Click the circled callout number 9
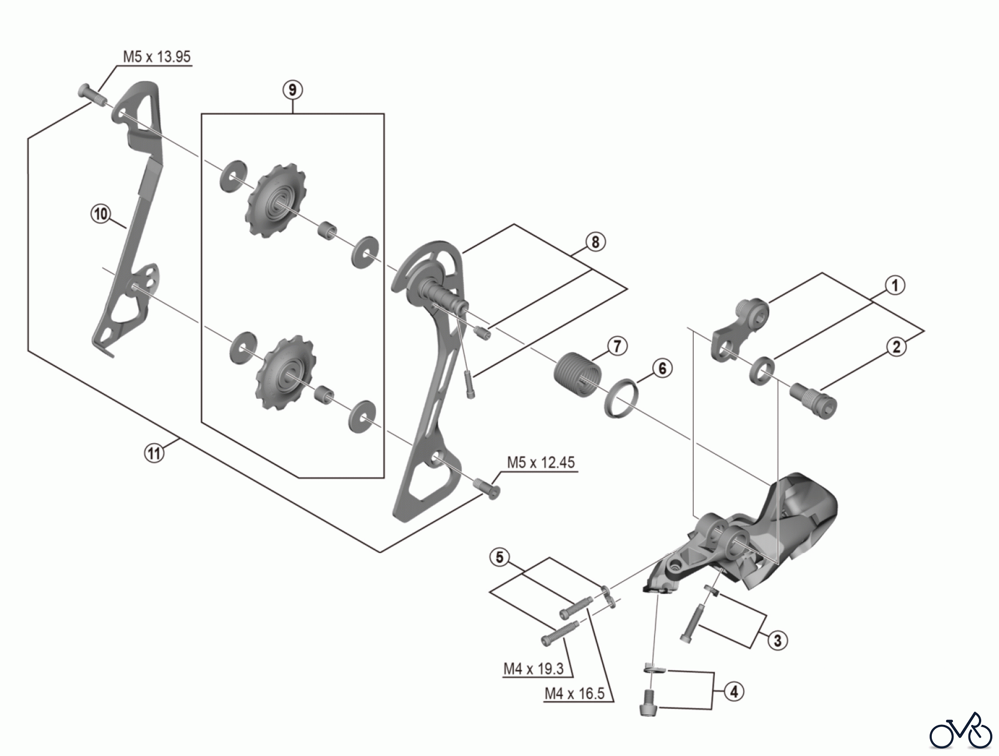292,89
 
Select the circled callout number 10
100,214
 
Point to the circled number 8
595,242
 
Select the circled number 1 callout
894,286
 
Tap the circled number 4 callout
734,692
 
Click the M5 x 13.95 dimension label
157,57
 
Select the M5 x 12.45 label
541,463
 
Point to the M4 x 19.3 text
533,669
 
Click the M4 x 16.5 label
574,694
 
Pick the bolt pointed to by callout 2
812,401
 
